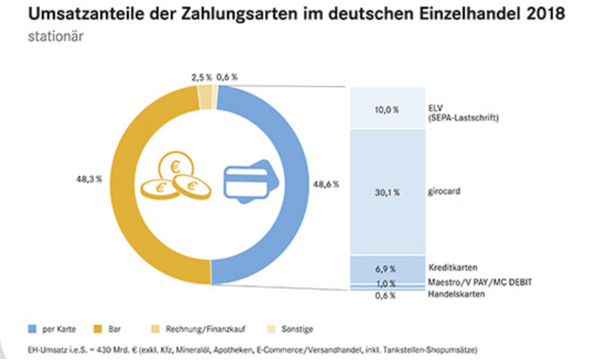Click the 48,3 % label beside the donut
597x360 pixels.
[89, 179]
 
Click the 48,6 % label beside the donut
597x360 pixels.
[325, 184]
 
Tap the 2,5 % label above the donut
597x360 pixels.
[201, 78]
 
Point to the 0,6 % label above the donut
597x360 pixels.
[227, 78]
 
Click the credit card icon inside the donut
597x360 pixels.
[246, 181]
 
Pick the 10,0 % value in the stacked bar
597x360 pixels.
[388, 110]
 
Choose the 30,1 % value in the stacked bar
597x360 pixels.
[388, 193]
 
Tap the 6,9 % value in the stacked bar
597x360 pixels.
[388, 270]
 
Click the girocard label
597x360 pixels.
[444, 193]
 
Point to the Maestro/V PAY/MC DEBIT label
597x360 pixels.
[480, 282]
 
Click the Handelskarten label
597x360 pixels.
[456, 294]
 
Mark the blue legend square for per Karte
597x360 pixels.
[32, 329]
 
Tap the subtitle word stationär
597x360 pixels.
[56, 37]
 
